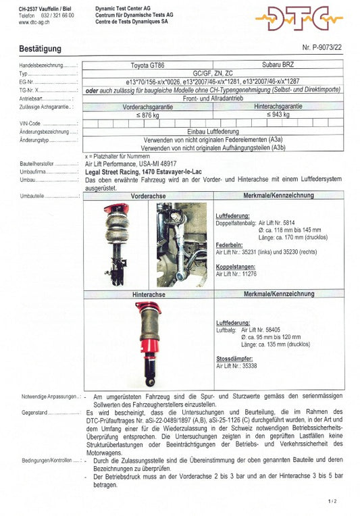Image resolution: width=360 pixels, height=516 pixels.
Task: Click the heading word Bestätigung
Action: click(40, 49)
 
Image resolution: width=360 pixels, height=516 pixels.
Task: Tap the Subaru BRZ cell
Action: click(282, 66)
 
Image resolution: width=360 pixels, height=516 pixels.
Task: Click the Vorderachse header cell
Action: click(149, 195)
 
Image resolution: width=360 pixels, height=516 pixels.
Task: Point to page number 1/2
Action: click(332, 502)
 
